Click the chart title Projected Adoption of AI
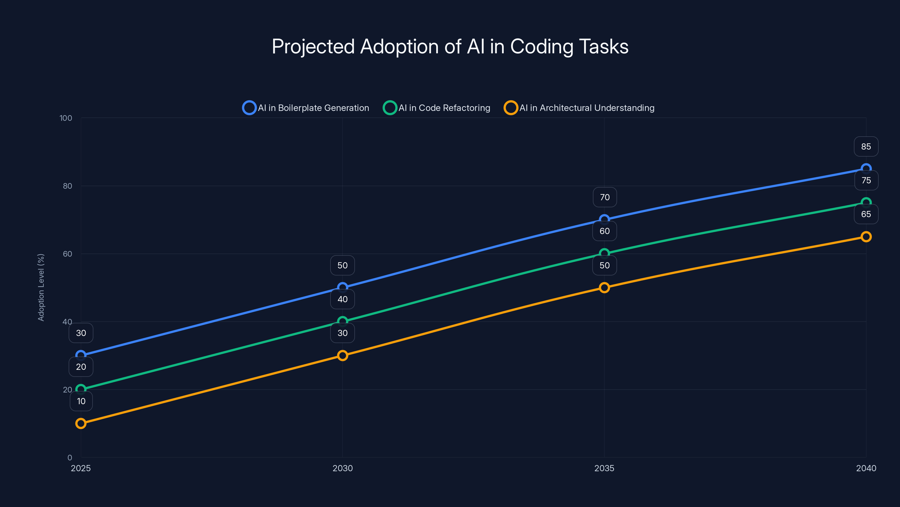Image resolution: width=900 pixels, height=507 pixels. click(450, 46)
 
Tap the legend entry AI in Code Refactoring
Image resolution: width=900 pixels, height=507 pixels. click(437, 108)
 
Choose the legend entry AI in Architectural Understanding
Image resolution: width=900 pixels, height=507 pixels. click(579, 108)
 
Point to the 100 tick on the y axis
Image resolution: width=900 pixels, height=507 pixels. click(66, 118)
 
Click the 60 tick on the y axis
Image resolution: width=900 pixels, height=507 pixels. click(67, 254)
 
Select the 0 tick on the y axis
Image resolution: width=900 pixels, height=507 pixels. click(69, 458)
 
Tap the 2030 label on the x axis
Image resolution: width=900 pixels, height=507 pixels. click(342, 468)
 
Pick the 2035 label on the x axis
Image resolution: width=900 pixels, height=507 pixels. click(604, 468)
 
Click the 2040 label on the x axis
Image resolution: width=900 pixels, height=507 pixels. click(866, 468)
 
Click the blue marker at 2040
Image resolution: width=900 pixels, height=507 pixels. click(866, 169)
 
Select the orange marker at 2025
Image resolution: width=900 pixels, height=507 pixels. click(81, 423)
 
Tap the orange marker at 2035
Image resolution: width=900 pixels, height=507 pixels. click(604, 288)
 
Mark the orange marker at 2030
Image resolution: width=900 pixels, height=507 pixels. click(342, 355)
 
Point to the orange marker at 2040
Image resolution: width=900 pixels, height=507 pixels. click(866, 237)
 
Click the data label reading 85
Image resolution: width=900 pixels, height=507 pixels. click(866, 146)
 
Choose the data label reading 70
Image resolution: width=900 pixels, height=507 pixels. click(604, 197)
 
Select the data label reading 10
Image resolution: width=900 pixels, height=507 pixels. click(81, 401)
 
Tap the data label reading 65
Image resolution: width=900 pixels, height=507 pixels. click(866, 214)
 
